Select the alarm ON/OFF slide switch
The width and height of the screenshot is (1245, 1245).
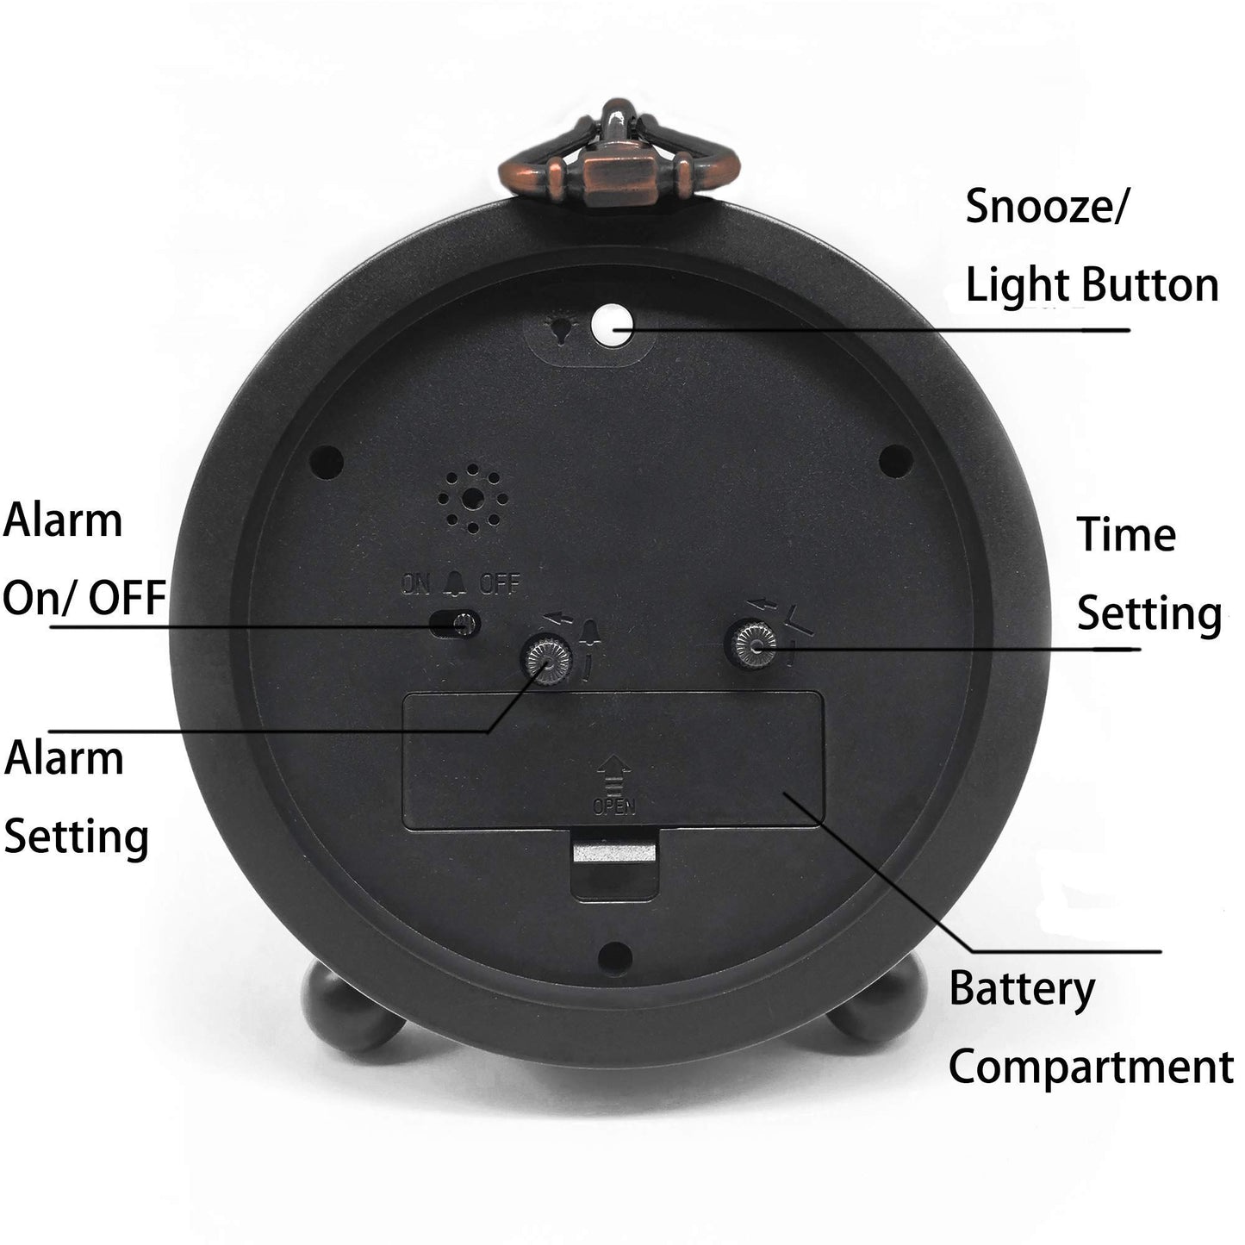455,624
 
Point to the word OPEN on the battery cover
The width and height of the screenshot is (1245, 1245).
613,806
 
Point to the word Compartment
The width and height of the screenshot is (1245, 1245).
1091,1067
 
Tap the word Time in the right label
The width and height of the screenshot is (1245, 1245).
1126,535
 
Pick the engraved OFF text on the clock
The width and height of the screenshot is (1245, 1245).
500,585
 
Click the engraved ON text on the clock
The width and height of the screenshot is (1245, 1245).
415,585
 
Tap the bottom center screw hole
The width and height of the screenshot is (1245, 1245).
613,953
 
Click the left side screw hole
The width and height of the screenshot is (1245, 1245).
327,457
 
